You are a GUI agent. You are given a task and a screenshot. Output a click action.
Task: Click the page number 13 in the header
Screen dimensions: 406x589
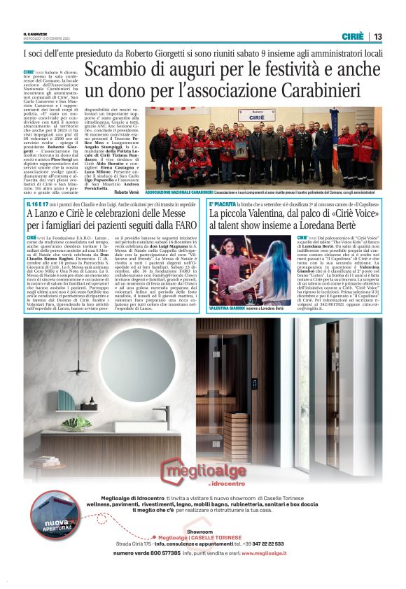pos(377,36)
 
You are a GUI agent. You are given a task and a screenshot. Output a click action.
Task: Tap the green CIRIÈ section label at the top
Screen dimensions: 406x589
pos(352,36)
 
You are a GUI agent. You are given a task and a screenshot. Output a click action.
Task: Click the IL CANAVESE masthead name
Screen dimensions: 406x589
pos(34,34)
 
